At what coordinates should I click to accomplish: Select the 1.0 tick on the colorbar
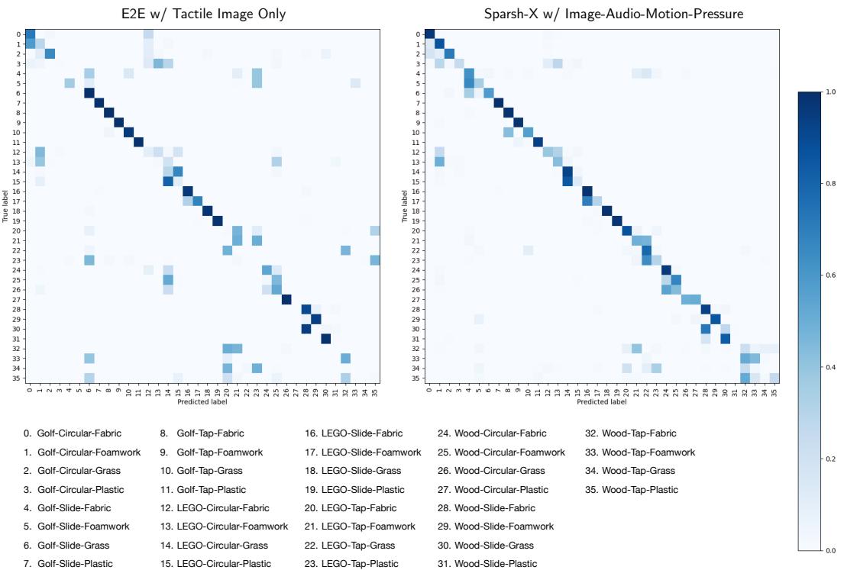pos(828,92)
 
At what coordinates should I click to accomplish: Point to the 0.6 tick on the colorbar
pos(828,275)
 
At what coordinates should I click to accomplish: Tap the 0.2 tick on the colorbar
pos(828,459)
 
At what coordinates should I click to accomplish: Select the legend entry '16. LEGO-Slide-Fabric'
pos(353,433)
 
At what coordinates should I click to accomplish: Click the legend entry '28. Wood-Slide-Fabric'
pos(494,507)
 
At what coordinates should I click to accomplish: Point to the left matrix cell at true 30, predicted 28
pos(306,329)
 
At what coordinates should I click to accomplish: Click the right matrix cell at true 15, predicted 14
pos(568,181)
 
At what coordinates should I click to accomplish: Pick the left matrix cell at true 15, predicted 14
pos(168,181)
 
